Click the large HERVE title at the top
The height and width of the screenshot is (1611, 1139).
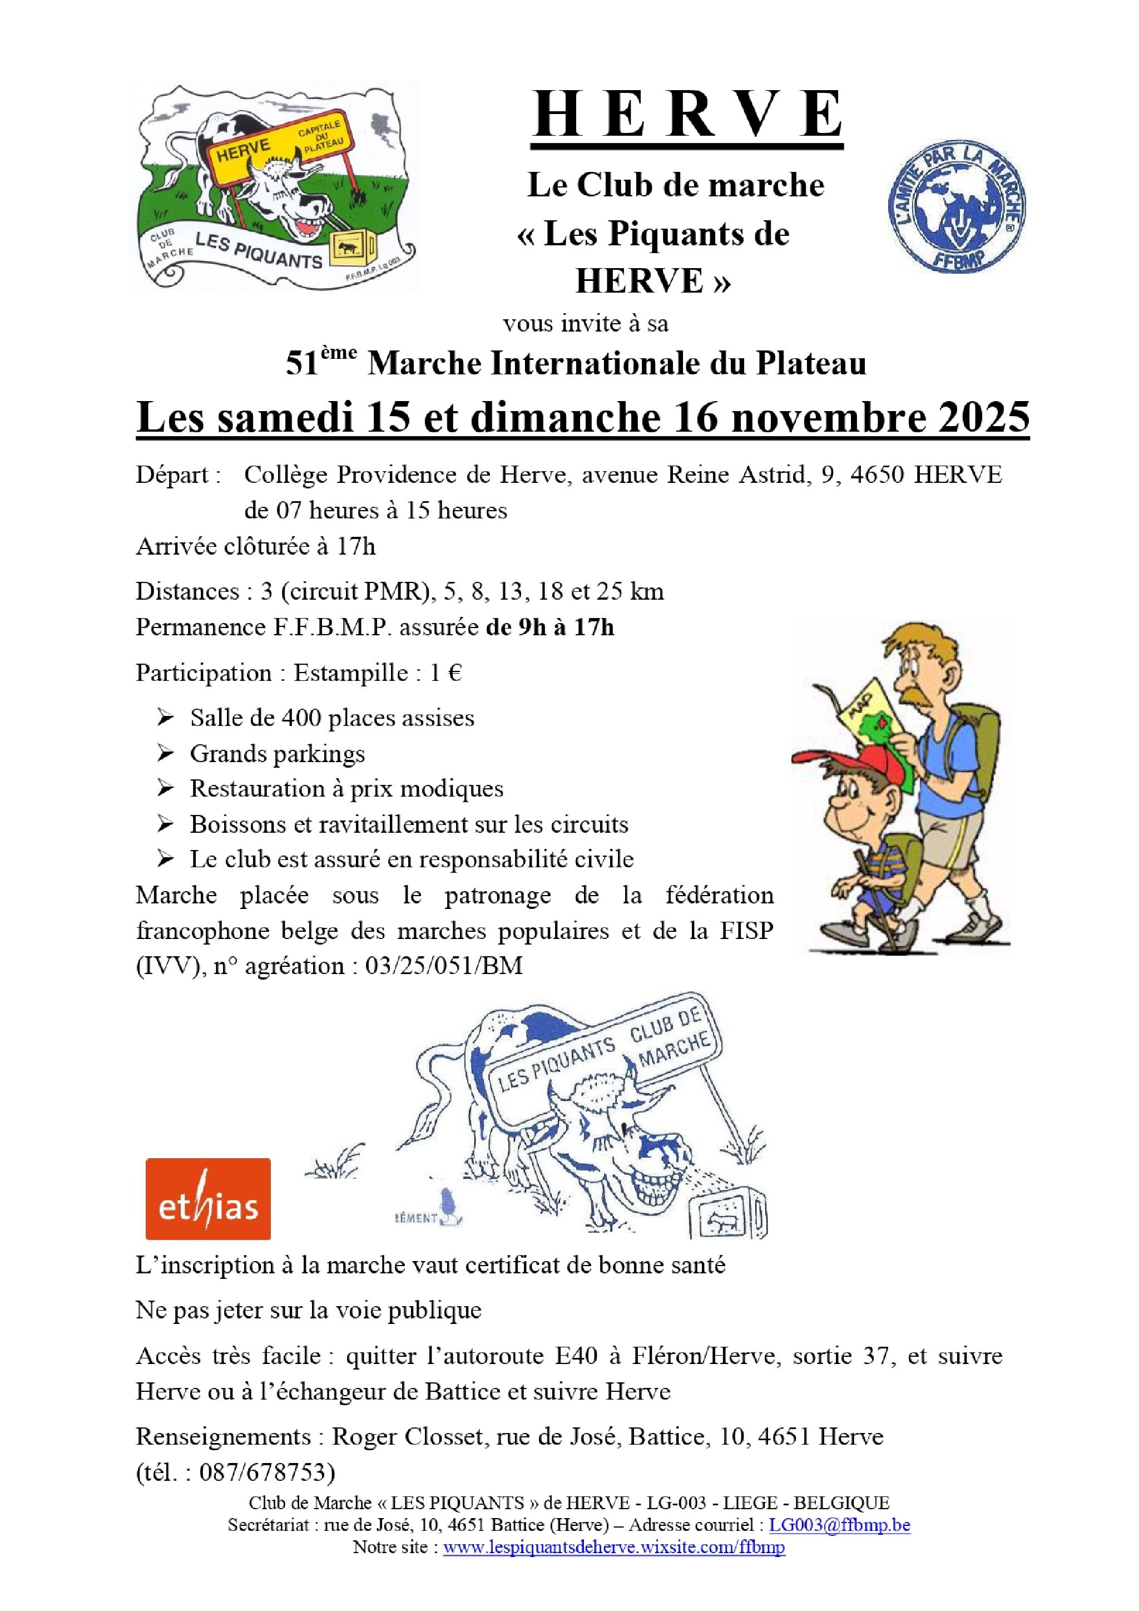point(687,115)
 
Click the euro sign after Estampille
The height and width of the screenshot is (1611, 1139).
point(454,673)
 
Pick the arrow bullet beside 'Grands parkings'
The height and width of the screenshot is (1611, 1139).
point(166,754)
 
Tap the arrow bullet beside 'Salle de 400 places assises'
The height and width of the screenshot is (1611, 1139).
point(166,718)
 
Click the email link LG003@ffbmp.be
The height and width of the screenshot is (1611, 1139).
point(840,1524)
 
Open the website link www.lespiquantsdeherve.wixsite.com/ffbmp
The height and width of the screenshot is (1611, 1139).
point(613,1547)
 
